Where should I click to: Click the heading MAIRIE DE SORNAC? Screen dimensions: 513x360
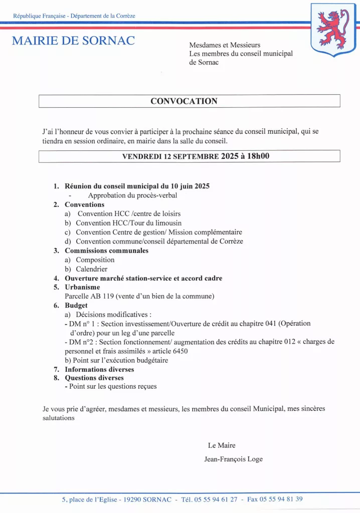tap(73, 41)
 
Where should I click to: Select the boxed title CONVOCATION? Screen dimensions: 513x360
tap(184, 101)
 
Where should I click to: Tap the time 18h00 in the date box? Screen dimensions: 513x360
tap(256, 156)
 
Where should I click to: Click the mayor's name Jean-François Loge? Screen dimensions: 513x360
tap(233, 459)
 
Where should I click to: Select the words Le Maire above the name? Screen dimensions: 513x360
tap(222, 445)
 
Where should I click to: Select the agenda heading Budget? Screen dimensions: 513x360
tap(76, 305)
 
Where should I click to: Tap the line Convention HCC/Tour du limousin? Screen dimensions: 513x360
tap(129, 223)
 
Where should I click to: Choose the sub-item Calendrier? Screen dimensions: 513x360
tap(92, 269)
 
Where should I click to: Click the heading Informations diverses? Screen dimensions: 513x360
tap(99, 369)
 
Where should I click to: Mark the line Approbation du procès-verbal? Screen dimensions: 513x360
tap(132, 195)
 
